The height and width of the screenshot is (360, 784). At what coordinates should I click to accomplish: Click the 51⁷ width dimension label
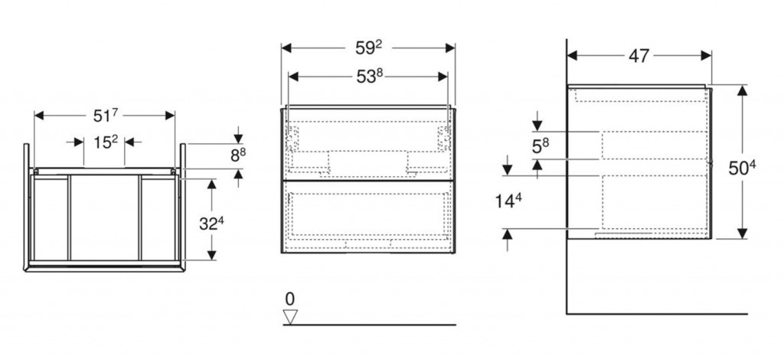pos(105,116)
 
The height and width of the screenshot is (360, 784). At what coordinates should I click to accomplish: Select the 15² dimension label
pos(106,142)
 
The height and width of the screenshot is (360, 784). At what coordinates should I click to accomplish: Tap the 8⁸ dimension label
pos(238,156)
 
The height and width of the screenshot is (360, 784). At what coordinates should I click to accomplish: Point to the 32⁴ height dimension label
pos(211,224)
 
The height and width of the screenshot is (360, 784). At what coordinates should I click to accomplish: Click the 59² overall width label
pos(369,48)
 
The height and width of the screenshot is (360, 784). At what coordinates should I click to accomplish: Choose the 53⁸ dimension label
pos(369,77)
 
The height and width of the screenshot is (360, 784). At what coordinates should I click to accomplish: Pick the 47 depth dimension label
pos(639,56)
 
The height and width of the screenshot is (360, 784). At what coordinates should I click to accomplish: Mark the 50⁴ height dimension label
pos(741,168)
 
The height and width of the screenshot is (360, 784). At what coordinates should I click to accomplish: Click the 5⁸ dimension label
pos(541,146)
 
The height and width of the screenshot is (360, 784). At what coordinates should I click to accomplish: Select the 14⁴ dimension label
pos(509,201)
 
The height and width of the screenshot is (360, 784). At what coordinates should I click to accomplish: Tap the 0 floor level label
pos(290,299)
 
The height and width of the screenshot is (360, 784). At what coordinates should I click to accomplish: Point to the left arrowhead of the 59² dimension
pos(286,48)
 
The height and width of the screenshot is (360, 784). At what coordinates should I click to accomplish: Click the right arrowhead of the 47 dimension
pos(707,55)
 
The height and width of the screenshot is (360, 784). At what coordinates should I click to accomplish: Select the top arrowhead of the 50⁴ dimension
pos(742,90)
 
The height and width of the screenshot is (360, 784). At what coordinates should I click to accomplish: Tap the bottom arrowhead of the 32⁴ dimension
pos(212,255)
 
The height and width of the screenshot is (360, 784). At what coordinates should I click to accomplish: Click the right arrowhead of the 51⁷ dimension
pos(170,116)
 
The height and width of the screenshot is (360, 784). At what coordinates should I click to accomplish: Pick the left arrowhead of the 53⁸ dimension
pos(293,77)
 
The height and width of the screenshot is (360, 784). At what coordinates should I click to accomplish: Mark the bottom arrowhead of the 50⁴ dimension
pos(742,234)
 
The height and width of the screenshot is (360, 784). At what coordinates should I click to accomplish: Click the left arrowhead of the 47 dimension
pos(573,55)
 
